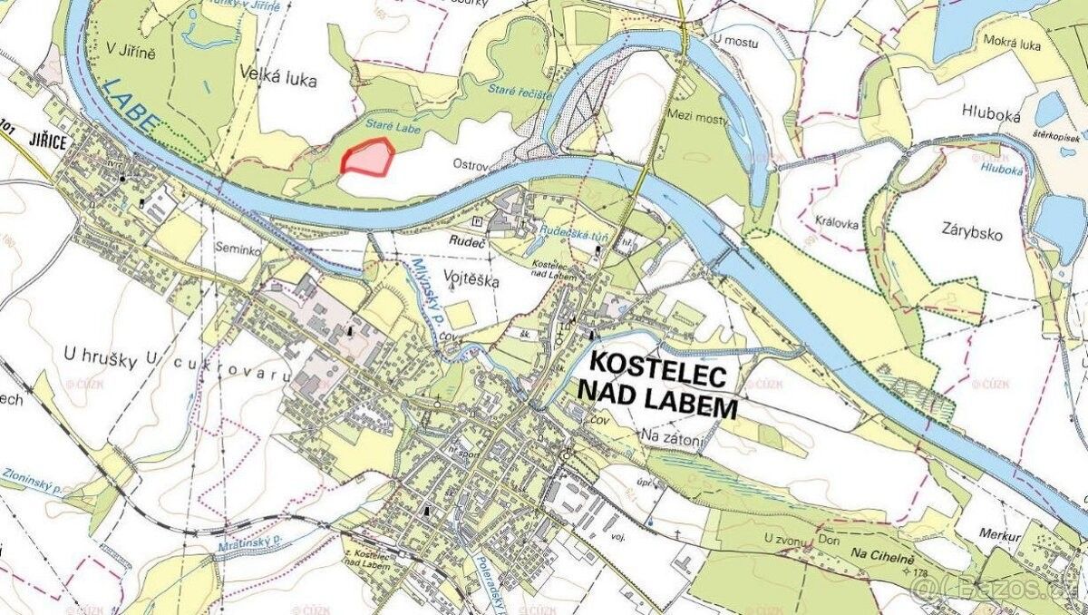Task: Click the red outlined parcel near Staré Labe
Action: (x=366, y=157)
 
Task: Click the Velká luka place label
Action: (x=279, y=80)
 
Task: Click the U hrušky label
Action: (x=101, y=357)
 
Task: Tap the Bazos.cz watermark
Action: (x=997, y=594)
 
